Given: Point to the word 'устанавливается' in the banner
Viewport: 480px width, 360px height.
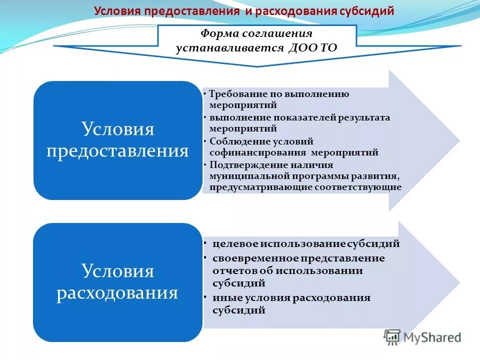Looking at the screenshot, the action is [x=229, y=48].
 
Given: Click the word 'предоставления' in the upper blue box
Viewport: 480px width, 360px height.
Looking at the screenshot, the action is [x=117, y=150].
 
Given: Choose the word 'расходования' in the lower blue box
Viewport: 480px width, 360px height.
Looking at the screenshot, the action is [x=117, y=292].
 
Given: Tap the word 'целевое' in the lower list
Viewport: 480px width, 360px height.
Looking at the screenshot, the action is [x=231, y=244].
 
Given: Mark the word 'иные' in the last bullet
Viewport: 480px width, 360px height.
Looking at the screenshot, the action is [x=223, y=298].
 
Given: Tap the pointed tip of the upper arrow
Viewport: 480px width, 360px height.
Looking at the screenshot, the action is [x=458, y=140].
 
